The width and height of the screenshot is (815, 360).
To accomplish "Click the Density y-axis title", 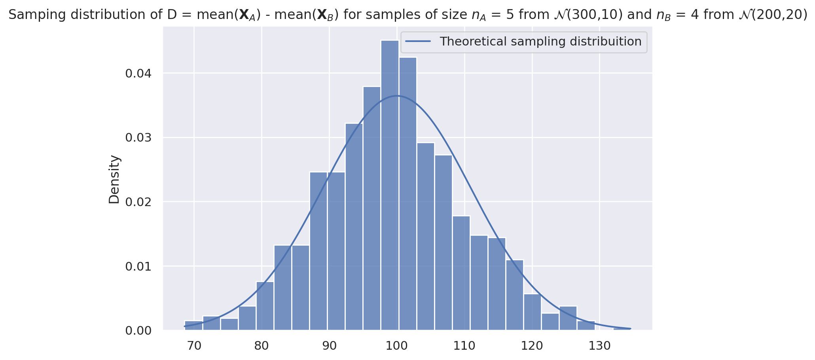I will (114, 179).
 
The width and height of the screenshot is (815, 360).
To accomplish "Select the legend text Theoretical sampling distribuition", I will (540, 42).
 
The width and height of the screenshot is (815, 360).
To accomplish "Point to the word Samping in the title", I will (32, 15).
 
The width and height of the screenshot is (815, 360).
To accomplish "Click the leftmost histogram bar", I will (193, 326).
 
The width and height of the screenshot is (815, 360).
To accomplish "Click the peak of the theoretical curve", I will (397, 96).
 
